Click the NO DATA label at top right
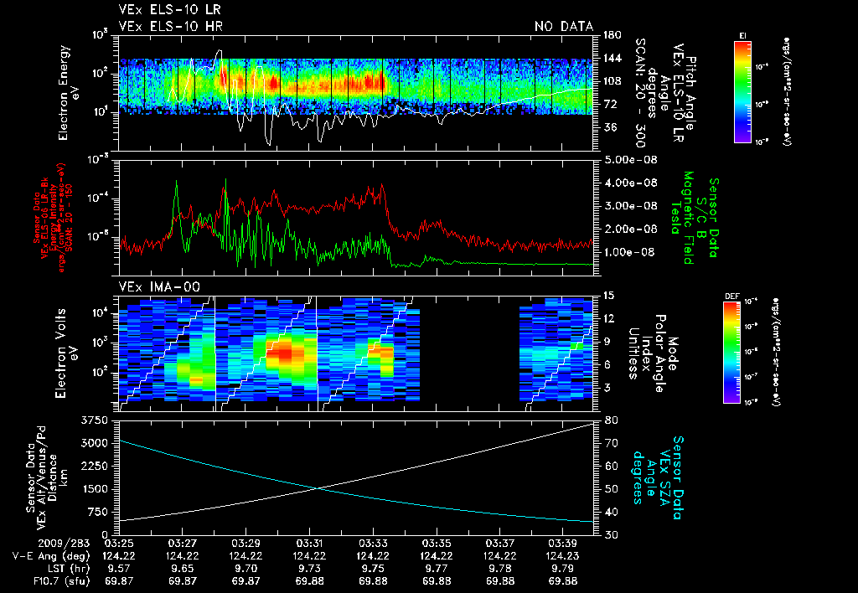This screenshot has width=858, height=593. pos(563,26)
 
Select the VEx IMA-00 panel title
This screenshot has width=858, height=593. pos(159,287)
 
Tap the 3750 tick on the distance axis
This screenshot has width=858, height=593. pos(96,419)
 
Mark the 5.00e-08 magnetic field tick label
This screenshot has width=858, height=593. pos(627,159)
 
